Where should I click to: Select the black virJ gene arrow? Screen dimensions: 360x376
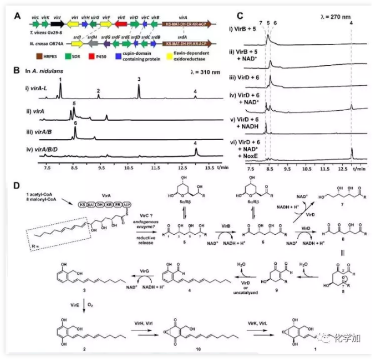57,25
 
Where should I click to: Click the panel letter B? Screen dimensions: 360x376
17,71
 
